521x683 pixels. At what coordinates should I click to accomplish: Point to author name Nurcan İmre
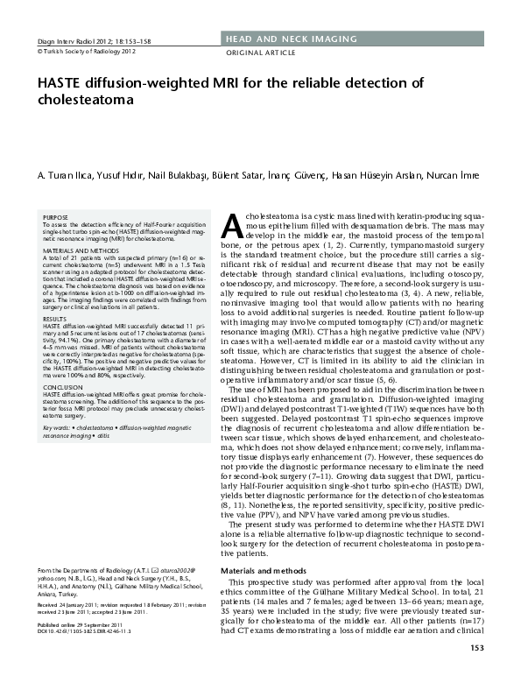tap(453, 175)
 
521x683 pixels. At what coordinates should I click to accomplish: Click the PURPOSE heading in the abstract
tap(55, 217)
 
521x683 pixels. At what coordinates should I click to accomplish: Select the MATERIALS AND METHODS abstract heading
tap(80, 250)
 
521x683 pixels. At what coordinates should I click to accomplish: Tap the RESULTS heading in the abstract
tap(55, 320)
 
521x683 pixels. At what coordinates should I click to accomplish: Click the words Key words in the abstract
tap(57, 426)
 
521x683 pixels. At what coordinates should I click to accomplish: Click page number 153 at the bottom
tap(475, 672)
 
